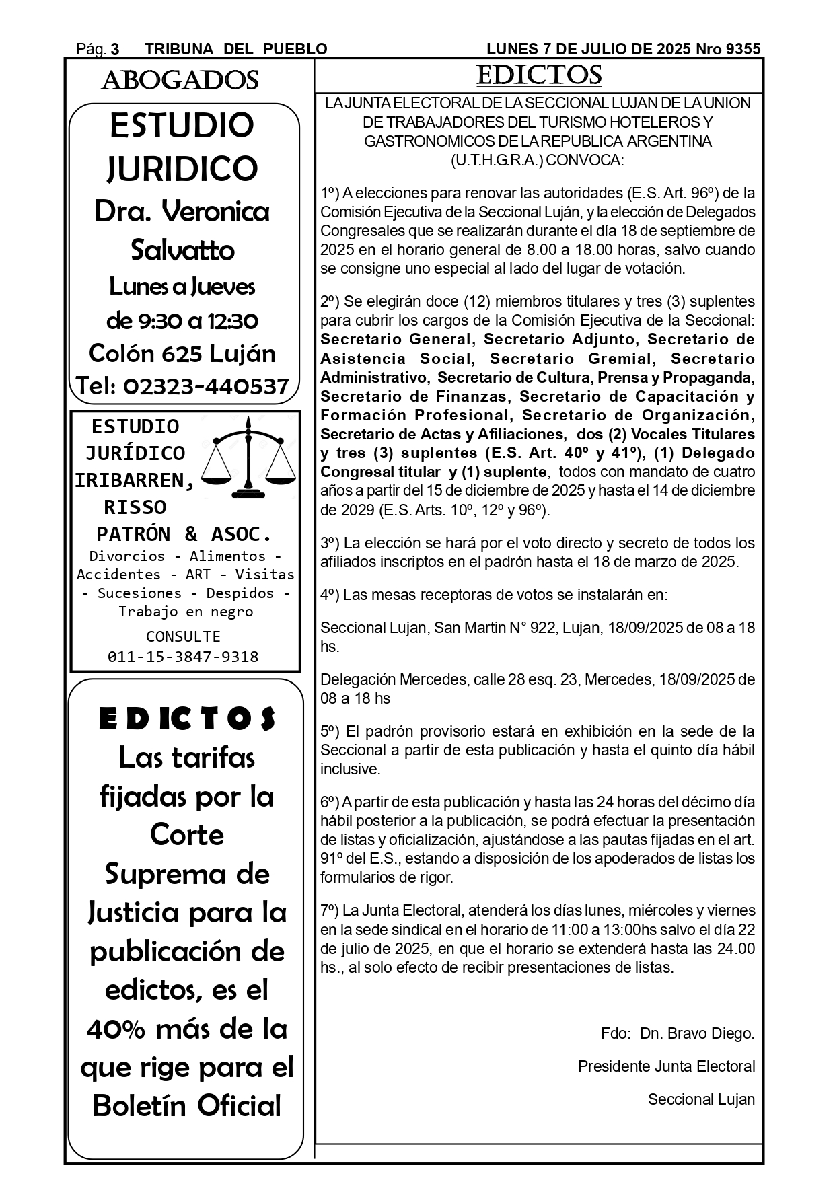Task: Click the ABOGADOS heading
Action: click(x=180, y=81)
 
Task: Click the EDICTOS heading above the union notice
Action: click(x=538, y=75)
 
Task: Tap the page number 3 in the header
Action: click(x=115, y=49)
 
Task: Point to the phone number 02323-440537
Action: click(x=206, y=386)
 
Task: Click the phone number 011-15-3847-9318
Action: click(x=183, y=657)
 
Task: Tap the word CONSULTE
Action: click(x=183, y=636)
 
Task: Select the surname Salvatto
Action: click(x=182, y=251)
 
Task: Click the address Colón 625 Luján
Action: click(x=182, y=353)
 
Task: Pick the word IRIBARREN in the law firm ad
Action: click(x=134, y=480)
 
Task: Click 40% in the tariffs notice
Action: click(x=116, y=1029)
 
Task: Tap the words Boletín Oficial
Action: click(x=186, y=1106)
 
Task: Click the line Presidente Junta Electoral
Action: click(x=666, y=1066)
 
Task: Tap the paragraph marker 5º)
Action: click(x=330, y=731)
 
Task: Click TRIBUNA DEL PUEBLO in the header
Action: click(x=236, y=49)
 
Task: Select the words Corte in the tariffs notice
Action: click(x=187, y=835)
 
